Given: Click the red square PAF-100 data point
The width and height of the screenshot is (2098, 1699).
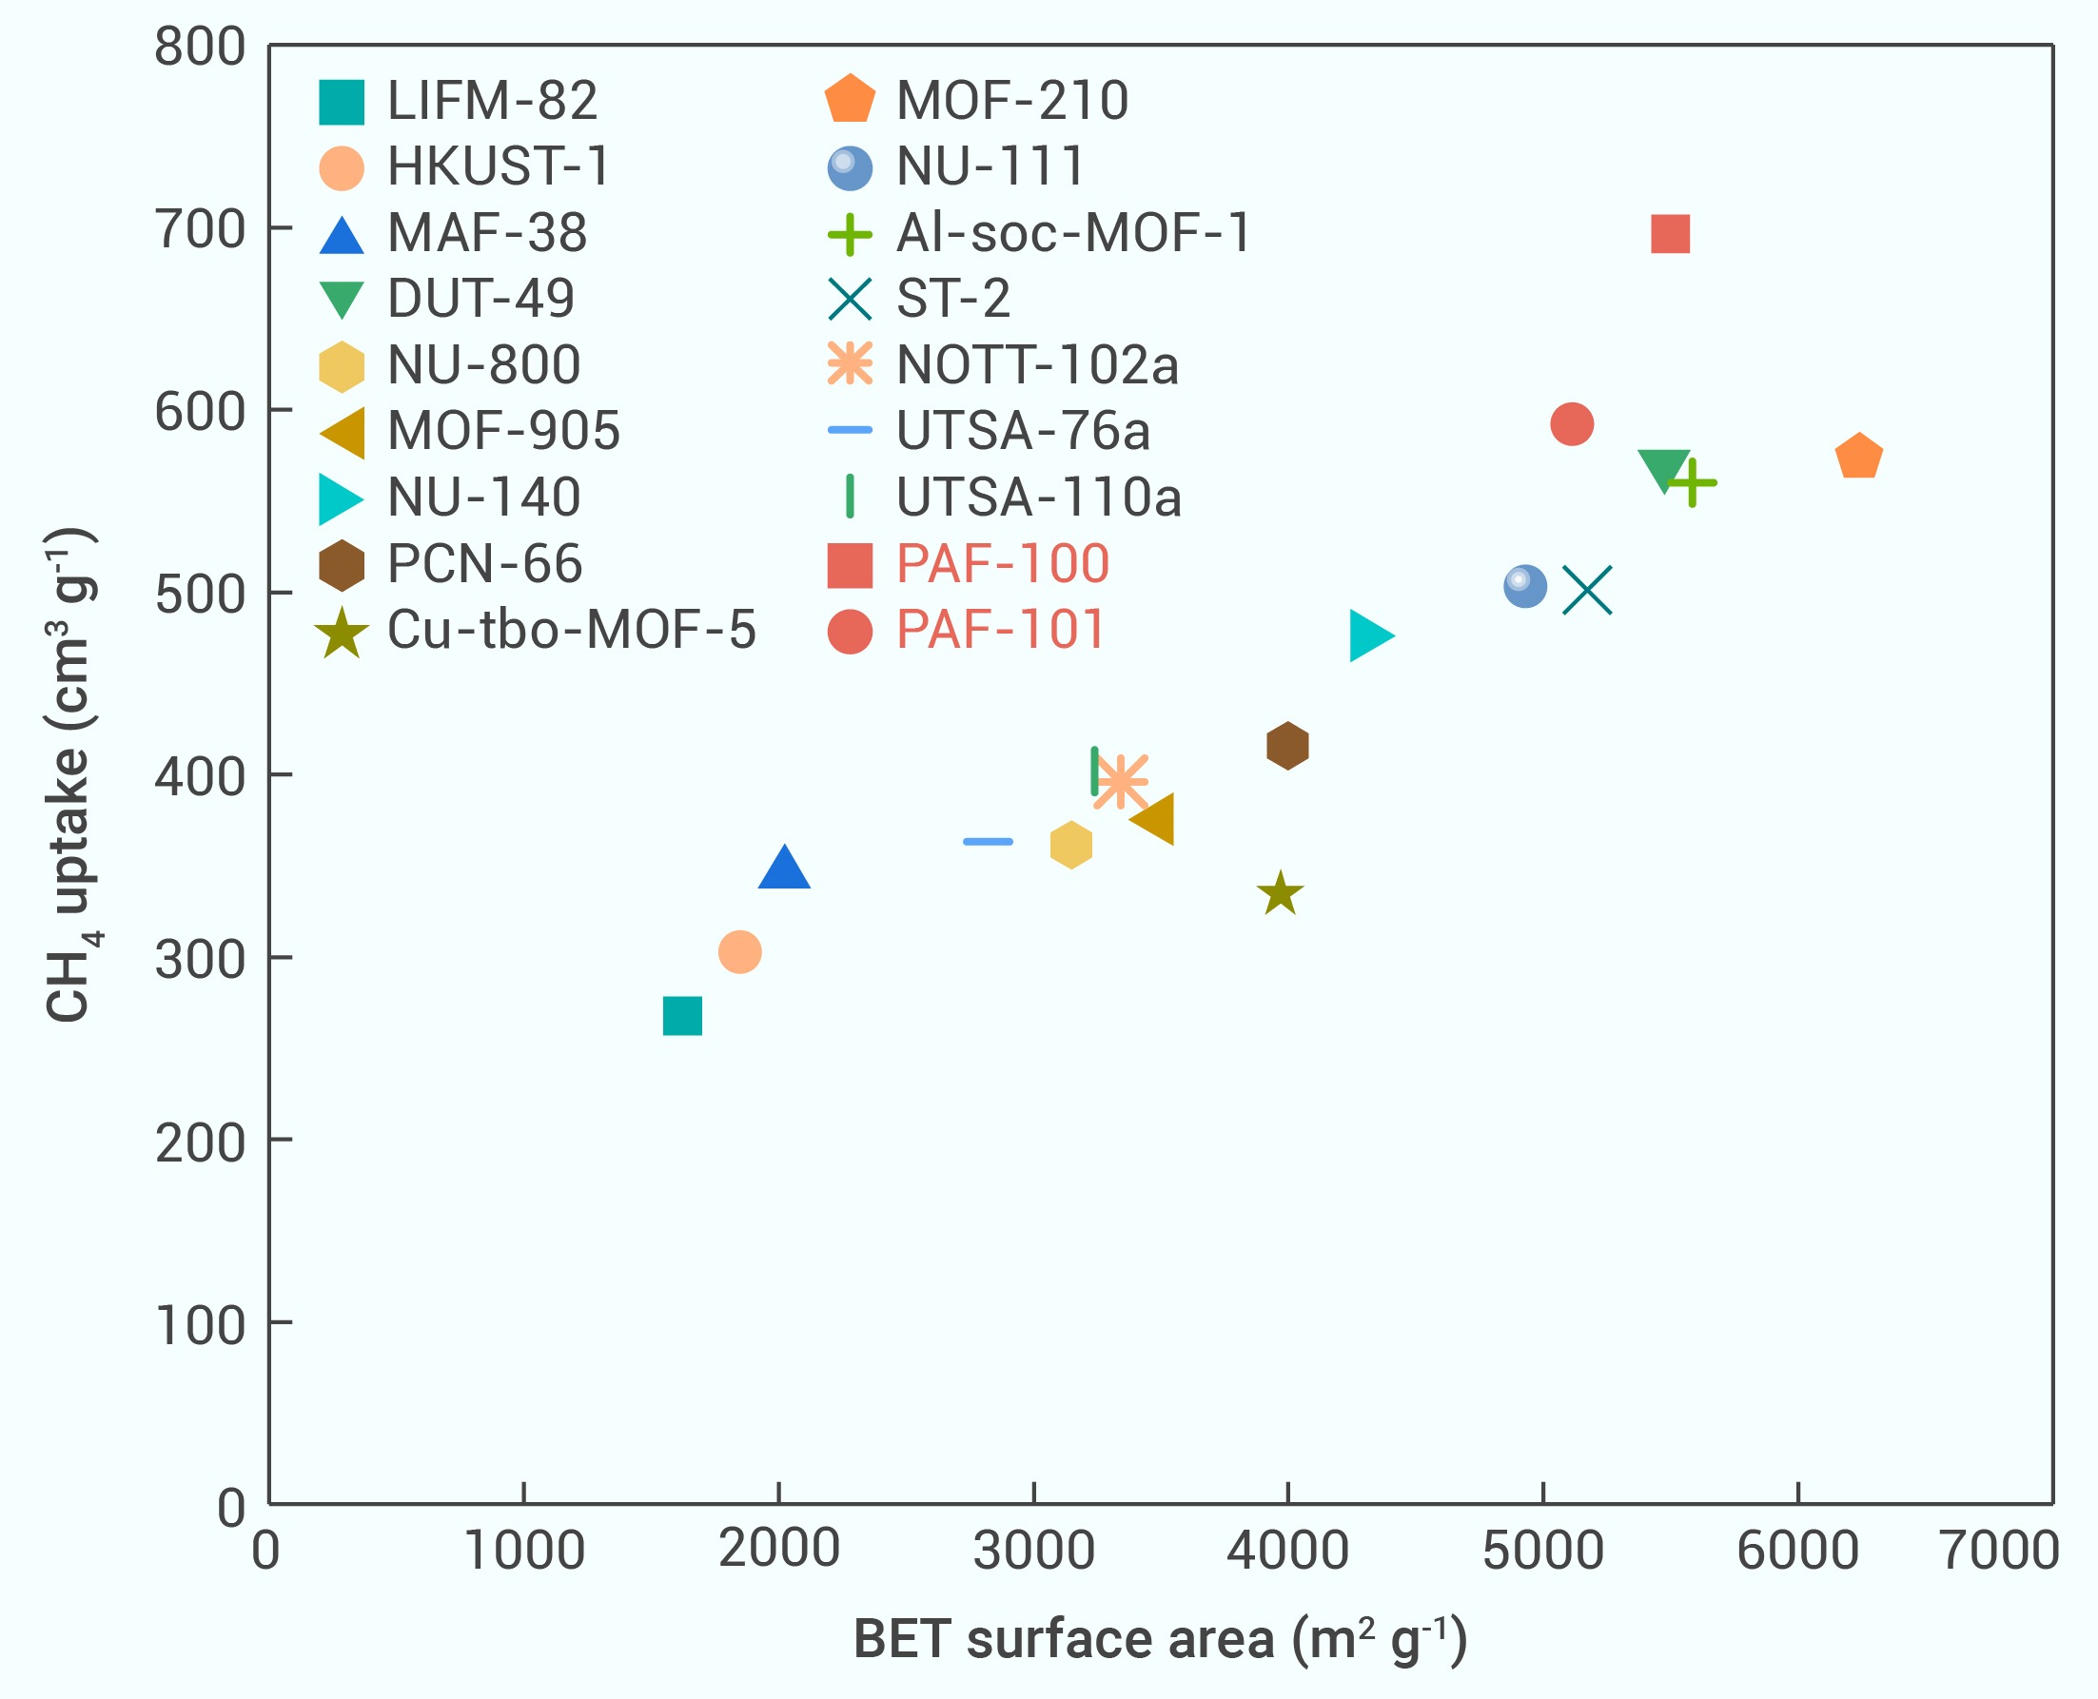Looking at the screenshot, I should click(x=1670, y=234).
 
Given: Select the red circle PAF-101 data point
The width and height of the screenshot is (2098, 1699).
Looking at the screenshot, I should click(x=1572, y=423).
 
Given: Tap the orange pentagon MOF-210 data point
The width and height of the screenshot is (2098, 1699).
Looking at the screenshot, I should click(x=1859, y=457).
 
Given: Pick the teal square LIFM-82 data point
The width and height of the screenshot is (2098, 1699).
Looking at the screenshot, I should click(x=682, y=1016).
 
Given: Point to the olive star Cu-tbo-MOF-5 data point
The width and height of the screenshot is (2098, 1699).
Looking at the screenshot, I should click(x=1281, y=893).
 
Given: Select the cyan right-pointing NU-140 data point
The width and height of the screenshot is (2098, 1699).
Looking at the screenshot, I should click(x=1369, y=635).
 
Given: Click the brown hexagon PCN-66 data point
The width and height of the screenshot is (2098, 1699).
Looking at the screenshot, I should click(x=1287, y=746).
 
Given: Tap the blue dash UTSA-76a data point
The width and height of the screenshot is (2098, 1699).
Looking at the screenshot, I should click(x=988, y=842).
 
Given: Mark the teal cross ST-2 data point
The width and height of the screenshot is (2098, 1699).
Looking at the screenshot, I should click(x=1587, y=590).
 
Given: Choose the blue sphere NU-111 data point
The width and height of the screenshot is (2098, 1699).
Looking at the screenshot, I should click(x=1525, y=586).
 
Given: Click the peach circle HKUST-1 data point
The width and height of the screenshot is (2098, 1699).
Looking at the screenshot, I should click(x=740, y=951).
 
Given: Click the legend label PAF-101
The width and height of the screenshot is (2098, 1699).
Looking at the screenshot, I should click(x=1001, y=630).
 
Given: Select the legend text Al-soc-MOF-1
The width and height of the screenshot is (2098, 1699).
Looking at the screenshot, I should click(x=1074, y=233).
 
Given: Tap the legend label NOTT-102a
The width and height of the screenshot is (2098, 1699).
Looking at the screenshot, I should click(x=1038, y=365).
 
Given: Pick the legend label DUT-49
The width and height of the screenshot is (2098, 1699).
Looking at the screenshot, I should click(x=480, y=299).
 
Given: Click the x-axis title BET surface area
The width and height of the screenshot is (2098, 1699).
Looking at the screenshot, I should click(x=1160, y=1638).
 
